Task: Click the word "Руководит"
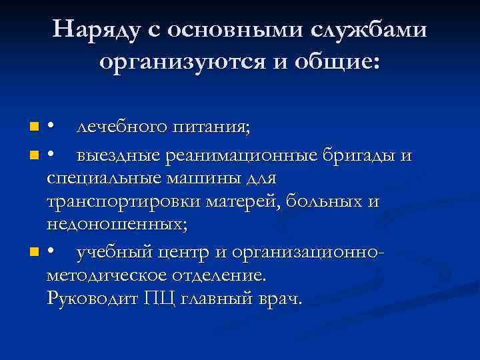pyautogui.click(x=92, y=298)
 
